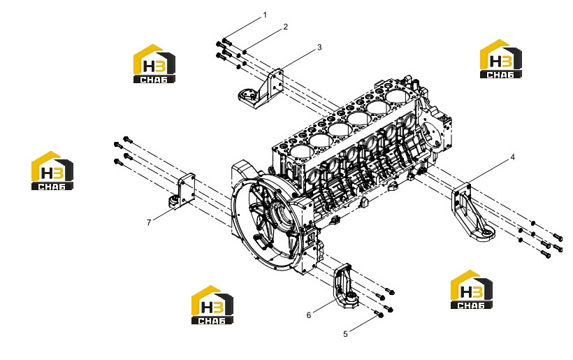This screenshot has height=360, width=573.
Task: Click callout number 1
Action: [265, 15]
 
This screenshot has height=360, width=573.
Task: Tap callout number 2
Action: [285, 27]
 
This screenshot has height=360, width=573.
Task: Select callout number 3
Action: [319, 47]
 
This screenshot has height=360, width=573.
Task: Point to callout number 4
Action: [512, 157]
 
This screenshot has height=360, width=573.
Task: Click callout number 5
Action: [345, 334]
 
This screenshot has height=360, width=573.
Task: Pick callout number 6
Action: [309, 315]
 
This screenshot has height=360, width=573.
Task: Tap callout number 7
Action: [149, 222]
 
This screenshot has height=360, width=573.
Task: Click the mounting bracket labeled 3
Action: [261, 89]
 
